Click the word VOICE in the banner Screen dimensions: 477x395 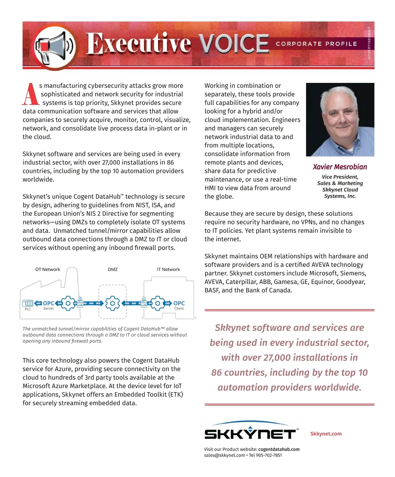pos(234,43)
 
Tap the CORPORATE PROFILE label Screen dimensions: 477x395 pos(316,44)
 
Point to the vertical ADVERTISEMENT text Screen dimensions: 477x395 pos(369,43)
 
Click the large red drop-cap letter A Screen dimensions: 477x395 pos(30,94)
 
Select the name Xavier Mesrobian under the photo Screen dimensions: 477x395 pos(340,167)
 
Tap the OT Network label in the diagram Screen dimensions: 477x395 pos(48,269)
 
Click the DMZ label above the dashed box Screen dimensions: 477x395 pos(113,269)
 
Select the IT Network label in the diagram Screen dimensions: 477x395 pos(168,269)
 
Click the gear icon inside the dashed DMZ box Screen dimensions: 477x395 pos(113,303)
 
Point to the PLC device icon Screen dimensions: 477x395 pos(28,303)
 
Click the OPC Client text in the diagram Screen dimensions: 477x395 pos(179,305)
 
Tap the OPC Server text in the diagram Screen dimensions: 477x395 pos(48,305)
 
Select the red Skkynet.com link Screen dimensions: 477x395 pos(326,434)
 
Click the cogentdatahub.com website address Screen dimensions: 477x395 pos(279,449)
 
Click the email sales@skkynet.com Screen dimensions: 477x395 pos(224,455)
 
